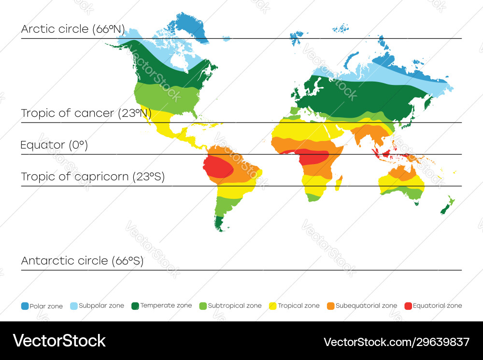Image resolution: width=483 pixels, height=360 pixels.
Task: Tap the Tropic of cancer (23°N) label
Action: click(86, 113)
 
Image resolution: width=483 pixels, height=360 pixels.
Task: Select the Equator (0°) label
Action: click(54, 145)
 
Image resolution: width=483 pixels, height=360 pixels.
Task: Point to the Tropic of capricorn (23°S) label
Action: click(93, 177)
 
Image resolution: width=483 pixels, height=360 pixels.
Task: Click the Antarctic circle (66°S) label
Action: click(82, 261)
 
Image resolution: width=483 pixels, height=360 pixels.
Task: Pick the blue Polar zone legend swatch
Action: click(25, 306)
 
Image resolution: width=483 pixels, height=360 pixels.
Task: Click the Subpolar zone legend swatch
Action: click(74, 306)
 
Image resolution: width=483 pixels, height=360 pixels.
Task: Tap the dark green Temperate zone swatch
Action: click(135, 306)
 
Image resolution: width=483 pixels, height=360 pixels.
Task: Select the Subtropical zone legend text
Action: click(235, 306)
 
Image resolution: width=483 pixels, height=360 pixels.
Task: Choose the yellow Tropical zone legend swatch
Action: click(273, 306)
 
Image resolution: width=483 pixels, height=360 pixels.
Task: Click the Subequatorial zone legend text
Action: click(366, 306)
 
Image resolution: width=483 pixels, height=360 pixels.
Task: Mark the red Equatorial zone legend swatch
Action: click(408, 306)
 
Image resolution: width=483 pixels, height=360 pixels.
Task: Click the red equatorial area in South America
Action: click(217, 166)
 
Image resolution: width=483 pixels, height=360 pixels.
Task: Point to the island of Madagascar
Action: click(338, 183)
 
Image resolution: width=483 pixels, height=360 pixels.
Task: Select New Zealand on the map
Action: click(446, 205)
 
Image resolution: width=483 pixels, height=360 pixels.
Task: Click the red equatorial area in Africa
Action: click(314, 157)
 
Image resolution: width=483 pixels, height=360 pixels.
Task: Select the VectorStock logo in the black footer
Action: click(59, 341)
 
